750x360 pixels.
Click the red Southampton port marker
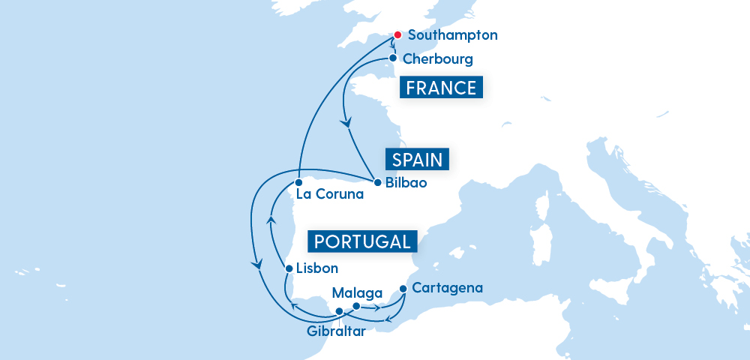click(397, 35)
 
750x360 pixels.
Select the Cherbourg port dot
click(392, 58)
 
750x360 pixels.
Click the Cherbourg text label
click(438, 58)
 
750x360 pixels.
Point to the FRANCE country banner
click(440, 88)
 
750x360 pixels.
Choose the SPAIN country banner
click(417, 159)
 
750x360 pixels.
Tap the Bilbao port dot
click(377, 181)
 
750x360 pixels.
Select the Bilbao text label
click(404, 182)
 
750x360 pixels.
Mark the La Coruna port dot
click(298, 182)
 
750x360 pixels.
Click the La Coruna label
click(329, 195)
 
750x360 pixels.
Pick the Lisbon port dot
click(289, 268)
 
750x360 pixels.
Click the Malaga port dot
click(356, 306)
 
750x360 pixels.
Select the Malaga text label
click(357, 292)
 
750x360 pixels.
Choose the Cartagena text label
click(448, 287)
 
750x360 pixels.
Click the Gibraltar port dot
click(339, 311)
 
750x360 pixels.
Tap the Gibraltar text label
click(336, 331)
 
